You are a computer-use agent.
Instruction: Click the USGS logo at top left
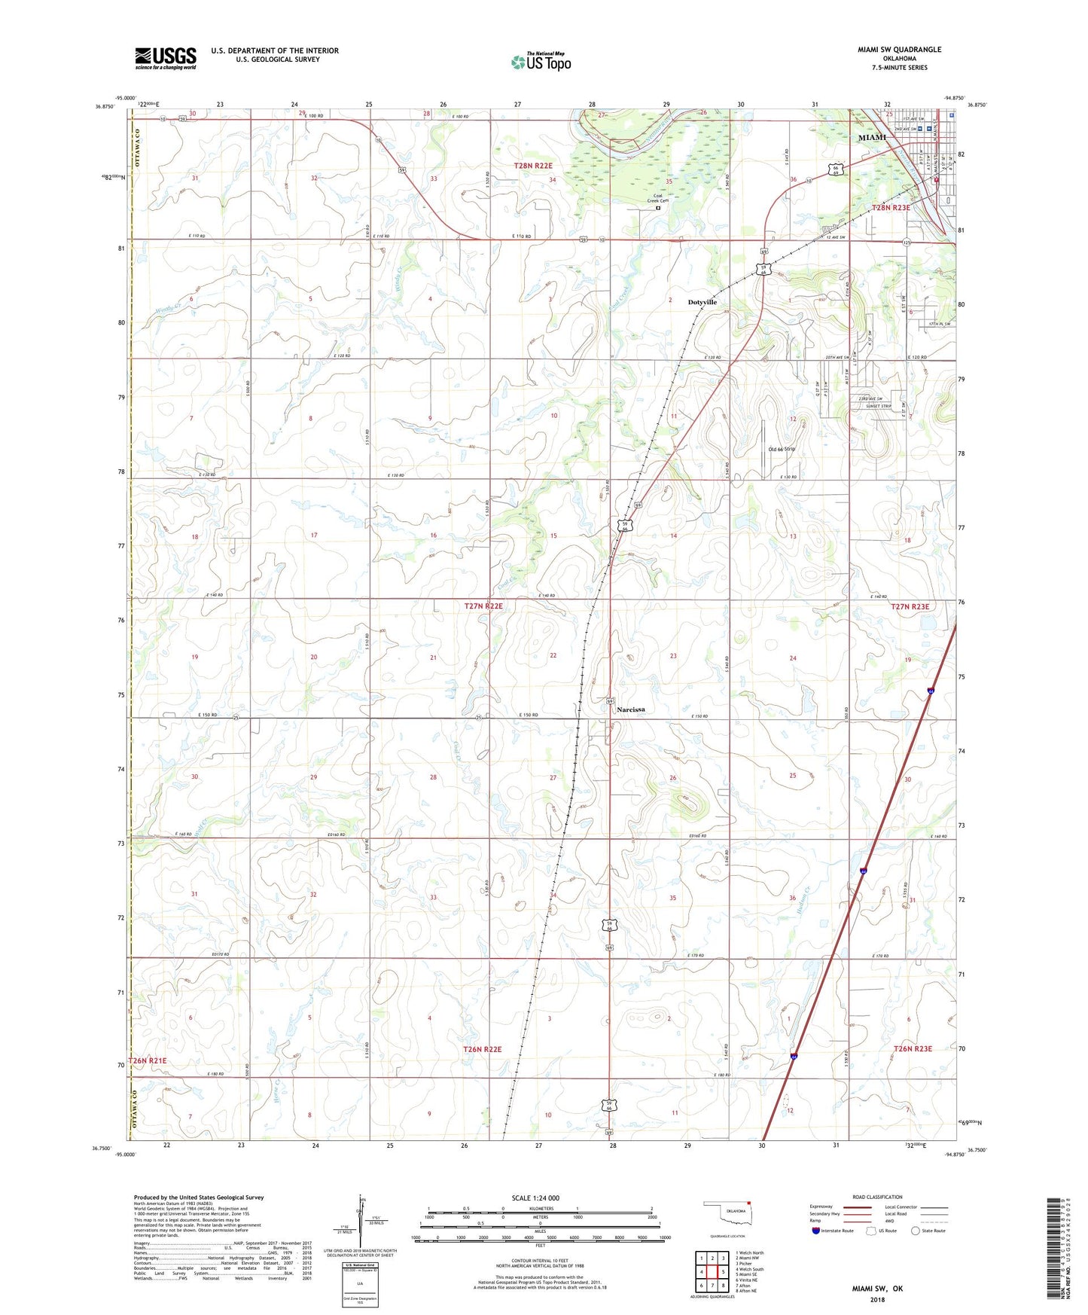pyautogui.click(x=166, y=58)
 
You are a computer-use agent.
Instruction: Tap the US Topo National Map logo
pyautogui.click(x=541, y=61)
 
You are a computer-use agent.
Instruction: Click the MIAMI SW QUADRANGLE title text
pyautogui.click(x=899, y=50)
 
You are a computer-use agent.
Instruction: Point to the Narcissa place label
pyautogui.click(x=630, y=709)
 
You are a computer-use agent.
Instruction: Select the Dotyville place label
pyautogui.click(x=702, y=302)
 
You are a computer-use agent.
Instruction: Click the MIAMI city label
pyautogui.click(x=873, y=138)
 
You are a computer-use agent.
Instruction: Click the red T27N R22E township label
pyautogui.click(x=483, y=606)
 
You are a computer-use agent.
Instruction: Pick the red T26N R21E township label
pyautogui.click(x=148, y=1060)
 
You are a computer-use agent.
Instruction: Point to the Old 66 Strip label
pyautogui.click(x=781, y=449)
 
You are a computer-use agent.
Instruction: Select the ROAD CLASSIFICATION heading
pyautogui.click(x=877, y=1197)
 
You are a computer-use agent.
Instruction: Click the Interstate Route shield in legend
pyautogui.click(x=816, y=1231)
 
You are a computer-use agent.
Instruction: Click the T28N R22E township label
pyautogui.click(x=533, y=166)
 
